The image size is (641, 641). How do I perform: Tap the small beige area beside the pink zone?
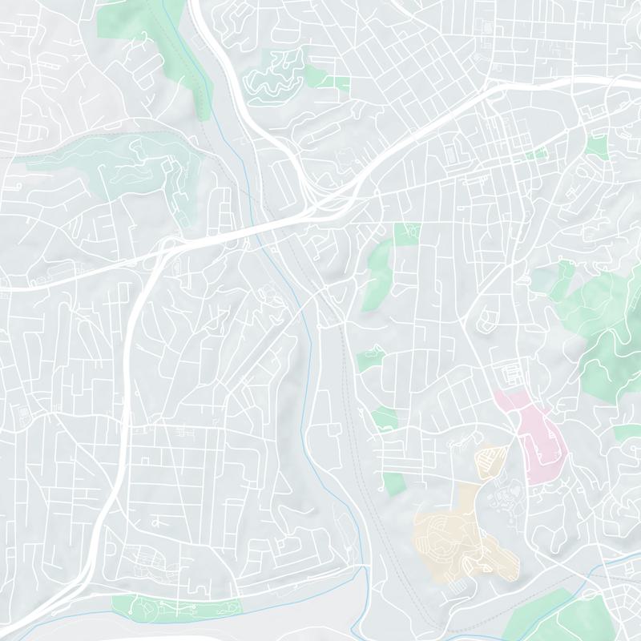489,461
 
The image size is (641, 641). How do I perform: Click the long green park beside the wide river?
176,607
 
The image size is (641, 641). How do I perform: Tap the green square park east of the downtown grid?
595,145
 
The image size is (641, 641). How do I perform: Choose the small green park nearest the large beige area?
393,483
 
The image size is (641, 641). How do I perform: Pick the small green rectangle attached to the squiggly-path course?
341,83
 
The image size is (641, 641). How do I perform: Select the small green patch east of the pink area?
625,433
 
